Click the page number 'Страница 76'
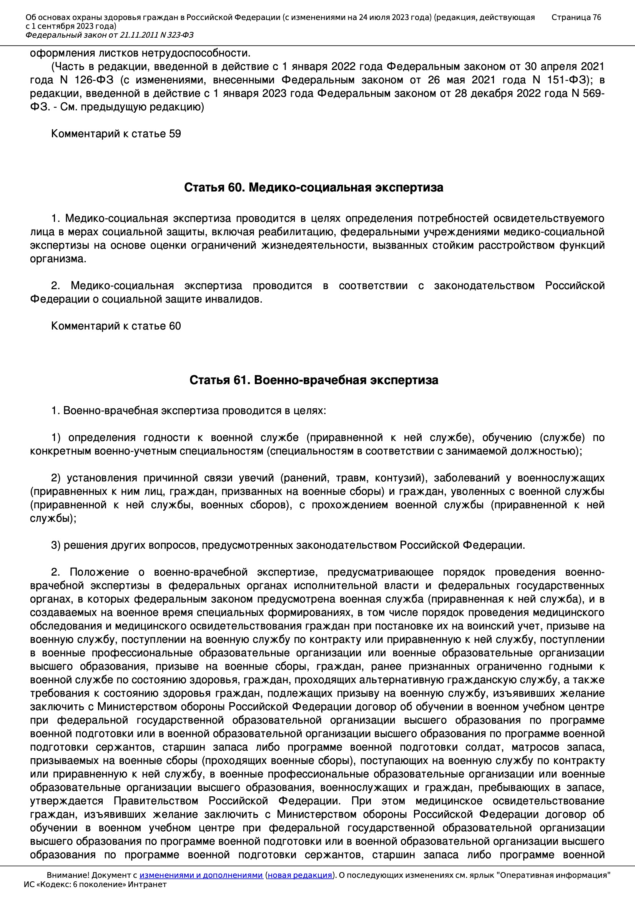pyautogui.click(x=576, y=17)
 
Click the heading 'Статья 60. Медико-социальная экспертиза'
pyautogui.click(x=314, y=188)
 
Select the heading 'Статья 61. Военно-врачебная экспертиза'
pyautogui.click(x=314, y=380)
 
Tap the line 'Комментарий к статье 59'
pyautogui.click(x=116, y=134)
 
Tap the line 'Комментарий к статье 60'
pyautogui.click(x=116, y=326)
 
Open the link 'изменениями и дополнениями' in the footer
pyautogui.click(x=201, y=875)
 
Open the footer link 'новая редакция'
pyautogui.click(x=300, y=875)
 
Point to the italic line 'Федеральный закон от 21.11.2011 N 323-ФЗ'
pyautogui.click(x=110, y=35)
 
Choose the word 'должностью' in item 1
pyautogui.click(x=550, y=451)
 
